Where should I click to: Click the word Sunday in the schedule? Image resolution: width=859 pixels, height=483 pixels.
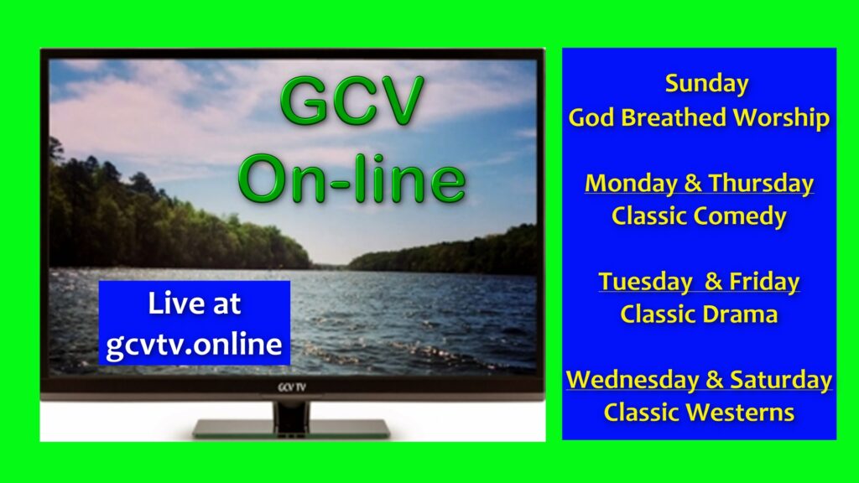click(706, 85)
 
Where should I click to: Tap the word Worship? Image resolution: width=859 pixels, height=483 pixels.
click(782, 118)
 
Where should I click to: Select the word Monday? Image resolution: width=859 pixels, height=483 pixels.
click(631, 184)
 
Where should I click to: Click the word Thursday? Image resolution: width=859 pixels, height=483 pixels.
click(761, 183)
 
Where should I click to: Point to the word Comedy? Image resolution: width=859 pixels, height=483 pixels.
click(740, 217)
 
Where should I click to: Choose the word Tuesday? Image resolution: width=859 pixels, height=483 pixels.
click(645, 282)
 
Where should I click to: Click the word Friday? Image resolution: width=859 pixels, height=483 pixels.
click(764, 282)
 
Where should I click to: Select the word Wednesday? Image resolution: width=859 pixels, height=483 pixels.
click(633, 380)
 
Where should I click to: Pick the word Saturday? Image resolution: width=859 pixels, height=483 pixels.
click(781, 380)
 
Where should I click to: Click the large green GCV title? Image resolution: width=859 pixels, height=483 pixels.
click(351, 101)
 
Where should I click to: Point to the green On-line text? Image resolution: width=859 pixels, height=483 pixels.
click(351, 179)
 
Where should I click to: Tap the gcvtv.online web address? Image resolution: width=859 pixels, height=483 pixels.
click(194, 345)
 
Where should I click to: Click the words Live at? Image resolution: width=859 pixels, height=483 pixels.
click(194, 304)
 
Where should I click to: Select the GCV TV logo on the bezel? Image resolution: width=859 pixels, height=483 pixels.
click(291, 387)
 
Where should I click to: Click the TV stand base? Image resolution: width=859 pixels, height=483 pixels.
click(291, 428)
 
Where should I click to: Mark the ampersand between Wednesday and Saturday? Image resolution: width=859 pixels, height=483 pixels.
click(715, 380)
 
